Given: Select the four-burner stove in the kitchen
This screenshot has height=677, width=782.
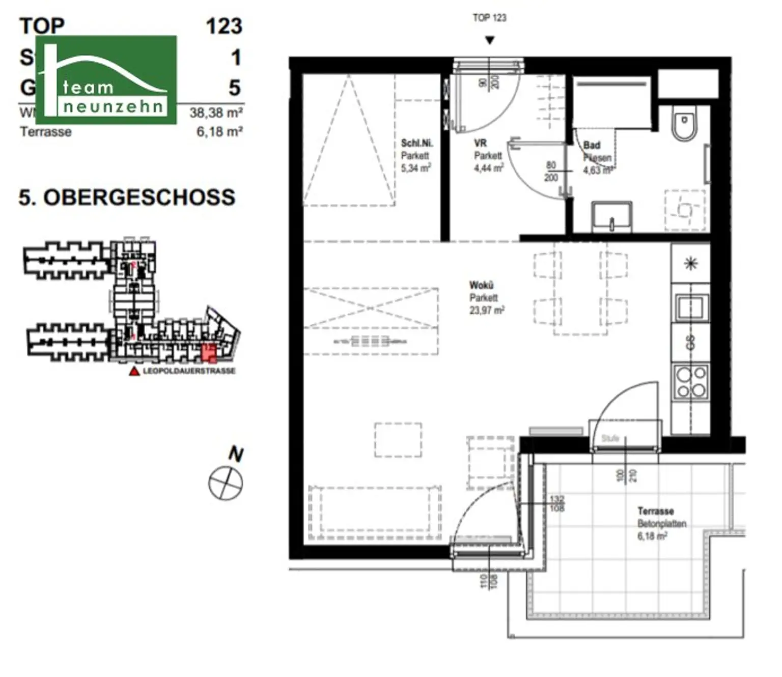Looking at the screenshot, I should [690, 382].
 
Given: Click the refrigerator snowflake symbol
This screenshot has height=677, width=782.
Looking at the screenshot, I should [690, 263].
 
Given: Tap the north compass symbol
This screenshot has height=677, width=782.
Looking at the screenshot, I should [226, 483].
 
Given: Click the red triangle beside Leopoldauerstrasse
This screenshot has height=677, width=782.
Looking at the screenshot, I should [134, 372].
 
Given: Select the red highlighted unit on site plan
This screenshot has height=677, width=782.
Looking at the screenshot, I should [209, 352].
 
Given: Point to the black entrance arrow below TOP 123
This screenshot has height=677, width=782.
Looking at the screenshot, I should [489, 40].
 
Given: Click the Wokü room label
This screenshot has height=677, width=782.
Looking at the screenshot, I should [481, 285].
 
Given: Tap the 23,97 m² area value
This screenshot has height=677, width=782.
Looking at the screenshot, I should [487, 310].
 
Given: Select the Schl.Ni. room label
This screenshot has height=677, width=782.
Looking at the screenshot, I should [416, 144].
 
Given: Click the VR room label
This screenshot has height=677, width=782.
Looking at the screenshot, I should [480, 144].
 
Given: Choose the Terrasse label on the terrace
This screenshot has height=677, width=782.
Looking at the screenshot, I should [655, 511].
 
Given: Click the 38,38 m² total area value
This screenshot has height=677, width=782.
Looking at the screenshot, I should [216, 112].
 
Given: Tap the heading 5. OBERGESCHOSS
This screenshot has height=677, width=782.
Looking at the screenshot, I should [127, 198].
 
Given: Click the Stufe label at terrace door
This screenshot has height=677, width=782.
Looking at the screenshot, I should [610, 438].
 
